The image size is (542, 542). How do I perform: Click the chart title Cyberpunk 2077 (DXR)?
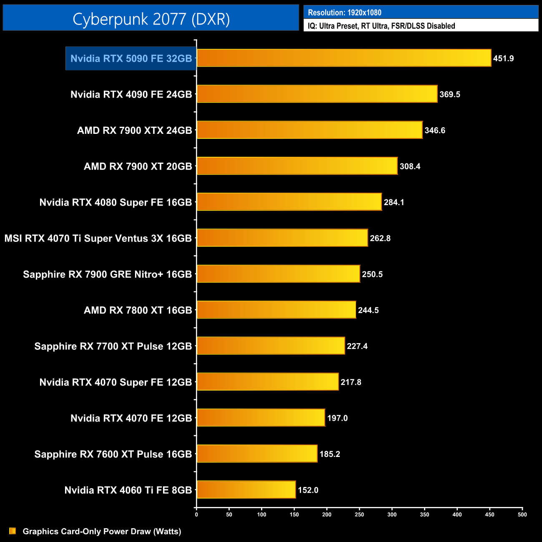151,19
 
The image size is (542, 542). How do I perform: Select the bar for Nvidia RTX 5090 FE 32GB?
344,58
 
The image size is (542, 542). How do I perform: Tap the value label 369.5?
449,94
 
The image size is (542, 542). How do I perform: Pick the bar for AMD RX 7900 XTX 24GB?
309,130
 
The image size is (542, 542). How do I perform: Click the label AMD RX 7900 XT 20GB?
138,166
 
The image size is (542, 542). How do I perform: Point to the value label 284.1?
394,202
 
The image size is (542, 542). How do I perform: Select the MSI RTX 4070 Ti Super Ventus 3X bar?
282,238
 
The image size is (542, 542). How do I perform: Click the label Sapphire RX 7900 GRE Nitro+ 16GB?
107,274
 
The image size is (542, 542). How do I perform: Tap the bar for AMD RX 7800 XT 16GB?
276,310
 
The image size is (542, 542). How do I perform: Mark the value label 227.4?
357,346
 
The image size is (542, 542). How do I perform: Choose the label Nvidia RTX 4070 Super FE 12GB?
115,382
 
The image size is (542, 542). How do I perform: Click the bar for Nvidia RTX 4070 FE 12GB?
261,418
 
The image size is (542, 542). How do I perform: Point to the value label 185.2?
329,454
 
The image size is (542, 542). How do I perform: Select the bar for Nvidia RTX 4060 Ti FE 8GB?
246,489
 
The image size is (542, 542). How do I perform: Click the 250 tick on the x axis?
359,514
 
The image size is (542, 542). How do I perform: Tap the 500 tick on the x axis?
522,514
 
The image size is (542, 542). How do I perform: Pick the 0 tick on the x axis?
196,514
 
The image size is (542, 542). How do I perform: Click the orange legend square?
13,531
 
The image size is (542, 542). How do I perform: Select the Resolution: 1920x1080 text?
344,13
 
